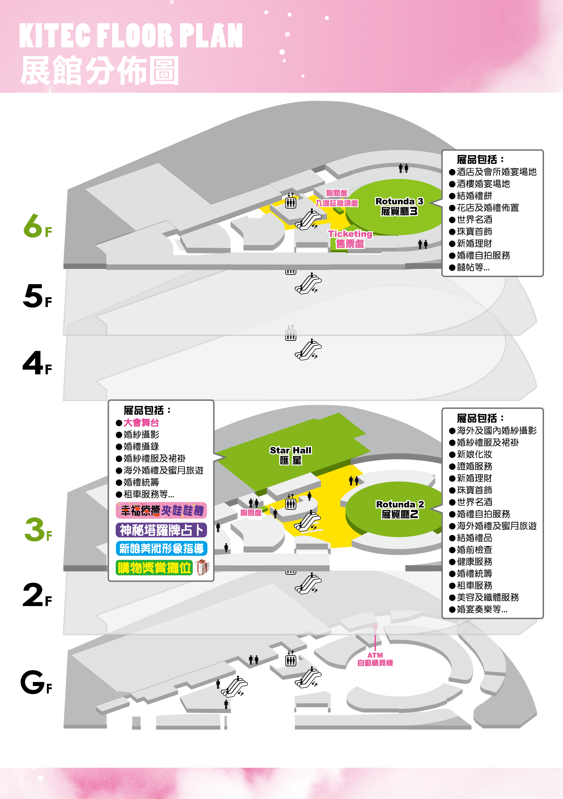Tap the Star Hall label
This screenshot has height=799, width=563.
point(291,455)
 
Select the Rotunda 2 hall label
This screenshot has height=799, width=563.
point(400,509)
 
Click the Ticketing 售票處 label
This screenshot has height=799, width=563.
point(350,239)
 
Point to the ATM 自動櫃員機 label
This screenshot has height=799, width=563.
point(375,659)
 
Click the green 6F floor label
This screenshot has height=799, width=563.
point(38,226)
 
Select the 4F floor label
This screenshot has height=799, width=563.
point(37,363)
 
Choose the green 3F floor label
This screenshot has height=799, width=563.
point(38,530)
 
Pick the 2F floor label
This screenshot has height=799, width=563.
point(37,595)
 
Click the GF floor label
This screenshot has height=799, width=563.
point(36,682)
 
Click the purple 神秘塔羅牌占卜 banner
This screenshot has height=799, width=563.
point(161,530)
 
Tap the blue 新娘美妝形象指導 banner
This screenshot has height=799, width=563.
point(161,548)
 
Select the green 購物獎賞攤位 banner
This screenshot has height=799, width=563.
point(154,568)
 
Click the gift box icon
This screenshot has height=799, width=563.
point(202,567)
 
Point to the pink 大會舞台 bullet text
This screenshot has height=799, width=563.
point(141,422)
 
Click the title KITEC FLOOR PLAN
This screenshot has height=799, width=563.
point(131,35)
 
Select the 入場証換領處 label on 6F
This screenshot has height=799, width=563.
point(337,203)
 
